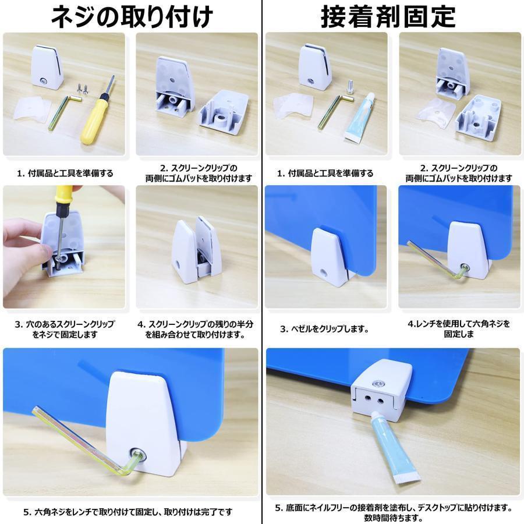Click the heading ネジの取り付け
tap(132, 17)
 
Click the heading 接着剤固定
tap(388, 17)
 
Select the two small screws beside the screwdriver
tap(83, 88)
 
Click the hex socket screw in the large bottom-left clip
tap(137, 455)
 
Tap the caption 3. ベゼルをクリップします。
tap(324, 329)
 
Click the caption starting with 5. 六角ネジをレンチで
tap(128, 512)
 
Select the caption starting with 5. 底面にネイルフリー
tap(394, 512)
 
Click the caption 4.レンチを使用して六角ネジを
tap(459, 328)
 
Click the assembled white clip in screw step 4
tap(197, 250)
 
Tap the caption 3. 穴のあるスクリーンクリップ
tap(65, 329)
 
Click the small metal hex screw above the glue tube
tap(350, 86)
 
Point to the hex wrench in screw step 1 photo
tap(65, 112)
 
